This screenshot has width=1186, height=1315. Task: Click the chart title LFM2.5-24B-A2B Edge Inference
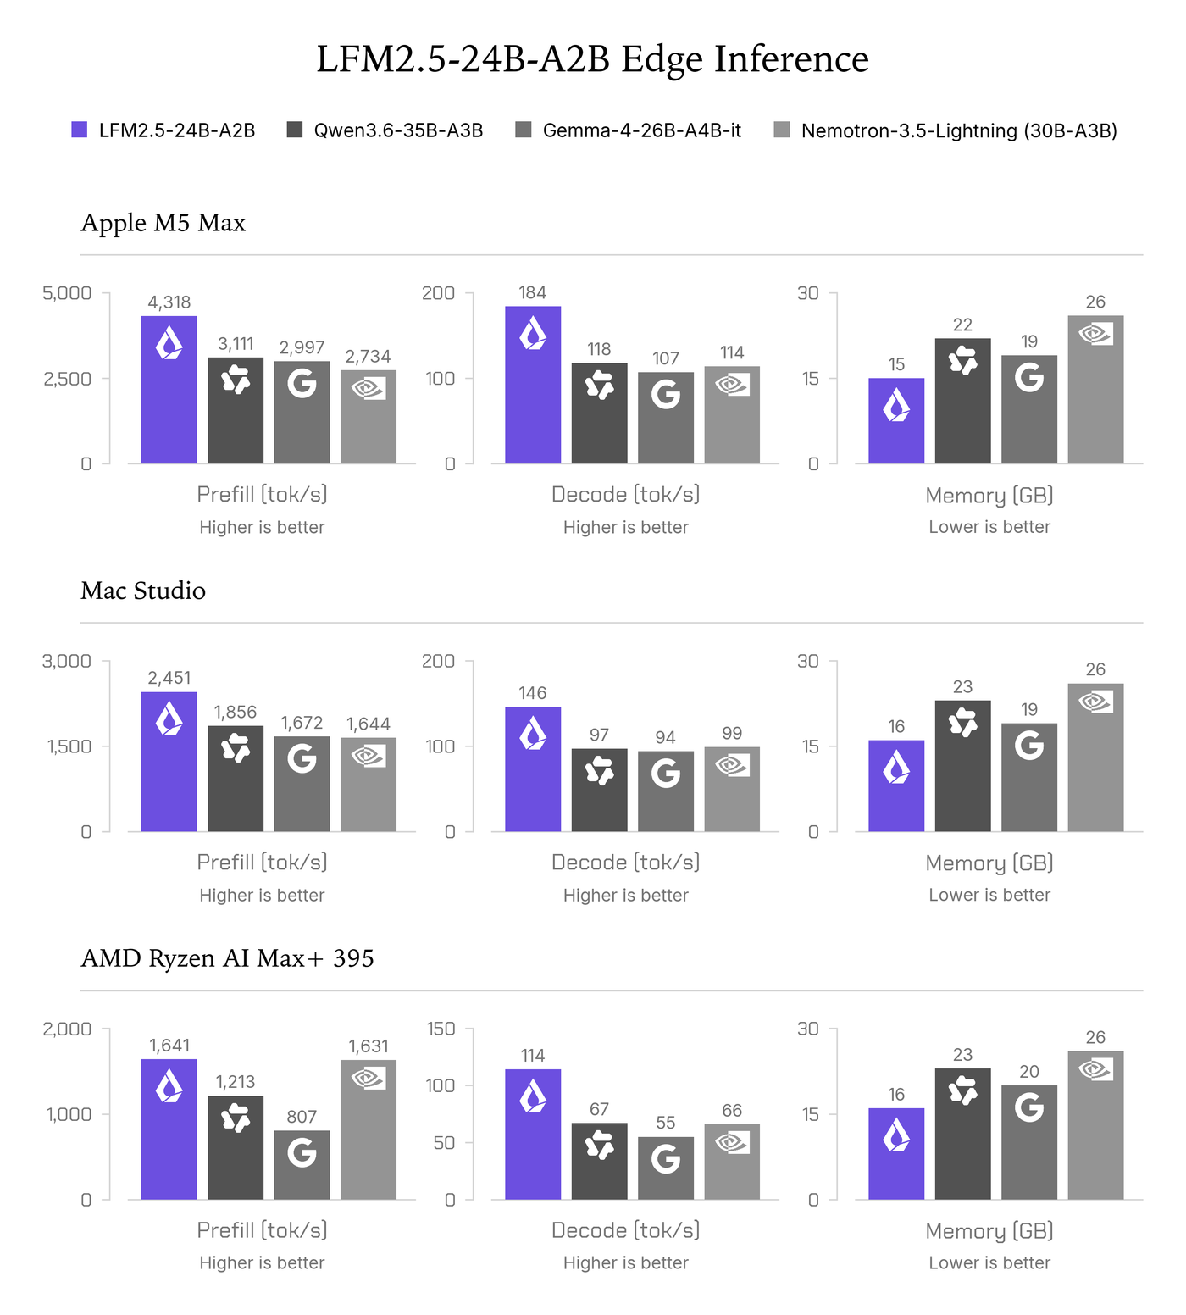point(593,59)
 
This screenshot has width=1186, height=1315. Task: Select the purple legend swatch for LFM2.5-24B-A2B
point(80,130)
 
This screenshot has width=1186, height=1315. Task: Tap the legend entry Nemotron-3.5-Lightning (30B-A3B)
point(959,130)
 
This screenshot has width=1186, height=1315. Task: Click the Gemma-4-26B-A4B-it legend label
point(641,130)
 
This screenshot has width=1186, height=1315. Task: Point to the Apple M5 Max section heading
point(163,223)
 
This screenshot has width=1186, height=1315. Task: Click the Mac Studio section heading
point(143,591)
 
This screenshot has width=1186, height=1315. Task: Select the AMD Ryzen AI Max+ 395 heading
point(227,958)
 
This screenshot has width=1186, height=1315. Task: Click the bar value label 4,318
point(169,302)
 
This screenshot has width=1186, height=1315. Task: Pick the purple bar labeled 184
point(533,385)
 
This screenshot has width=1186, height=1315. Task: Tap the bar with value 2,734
point(369,417)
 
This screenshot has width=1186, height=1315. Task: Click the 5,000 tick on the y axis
point(67,293)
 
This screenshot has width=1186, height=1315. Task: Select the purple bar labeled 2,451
point(169,762)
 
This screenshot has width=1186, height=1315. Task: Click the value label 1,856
point(236,713)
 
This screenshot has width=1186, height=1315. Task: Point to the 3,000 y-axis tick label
point(67,661)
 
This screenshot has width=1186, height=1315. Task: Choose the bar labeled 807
point(302,1165)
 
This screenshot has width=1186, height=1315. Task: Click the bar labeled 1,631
point(369,1129)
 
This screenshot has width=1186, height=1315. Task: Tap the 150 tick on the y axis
point(441,1029)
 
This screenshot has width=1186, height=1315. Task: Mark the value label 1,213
point(236,1082)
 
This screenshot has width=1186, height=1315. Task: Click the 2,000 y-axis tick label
point(67,1029)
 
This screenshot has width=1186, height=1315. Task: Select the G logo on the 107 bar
point(666,394)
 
